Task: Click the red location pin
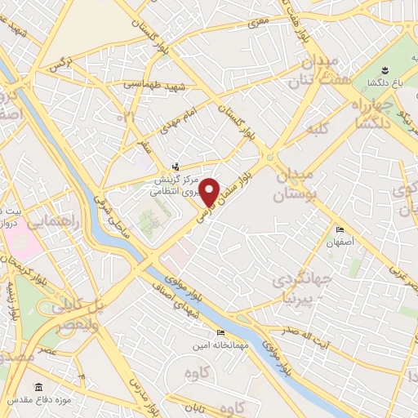click(210, 192)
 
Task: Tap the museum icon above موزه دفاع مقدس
click(38, 388)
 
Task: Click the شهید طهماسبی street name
click(147, 84)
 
